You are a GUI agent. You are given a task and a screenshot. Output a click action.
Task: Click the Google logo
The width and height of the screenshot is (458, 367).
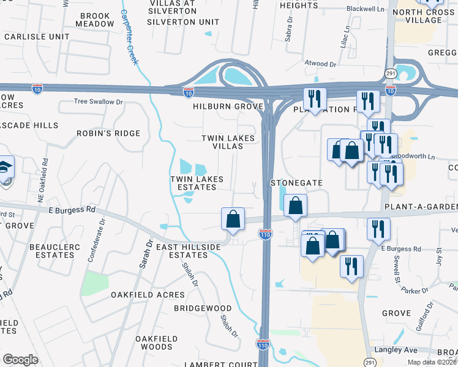[x=20, y=360]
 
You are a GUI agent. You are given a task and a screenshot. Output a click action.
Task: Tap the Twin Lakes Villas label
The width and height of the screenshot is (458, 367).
[x=228, y=143]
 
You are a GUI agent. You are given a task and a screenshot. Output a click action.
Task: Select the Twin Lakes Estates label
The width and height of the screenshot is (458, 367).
[x=196, y=183]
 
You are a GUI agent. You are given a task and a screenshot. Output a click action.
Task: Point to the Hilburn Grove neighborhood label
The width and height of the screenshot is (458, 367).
[x=228, y=106]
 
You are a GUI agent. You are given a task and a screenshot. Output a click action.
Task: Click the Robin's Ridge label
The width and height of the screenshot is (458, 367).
[x=108, y=133]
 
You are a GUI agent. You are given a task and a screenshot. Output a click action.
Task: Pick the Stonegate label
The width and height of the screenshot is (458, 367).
[x=296, y=183]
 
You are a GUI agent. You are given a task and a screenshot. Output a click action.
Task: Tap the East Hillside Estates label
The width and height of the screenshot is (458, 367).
[x=188, y=251]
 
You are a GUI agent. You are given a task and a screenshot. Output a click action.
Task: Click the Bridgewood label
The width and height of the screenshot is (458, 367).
[x=203, y=308]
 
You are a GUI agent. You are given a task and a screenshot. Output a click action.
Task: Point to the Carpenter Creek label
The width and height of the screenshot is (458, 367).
[x=133, y=37]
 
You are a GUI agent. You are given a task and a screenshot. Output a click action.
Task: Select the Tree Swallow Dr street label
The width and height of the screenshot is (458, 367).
[x=99, y=102]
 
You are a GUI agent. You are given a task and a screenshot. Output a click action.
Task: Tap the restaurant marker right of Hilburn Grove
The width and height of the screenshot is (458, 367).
[x=315, y=99]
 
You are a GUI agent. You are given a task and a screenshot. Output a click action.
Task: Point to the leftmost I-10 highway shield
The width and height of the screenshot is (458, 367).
[x=38, y=89]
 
